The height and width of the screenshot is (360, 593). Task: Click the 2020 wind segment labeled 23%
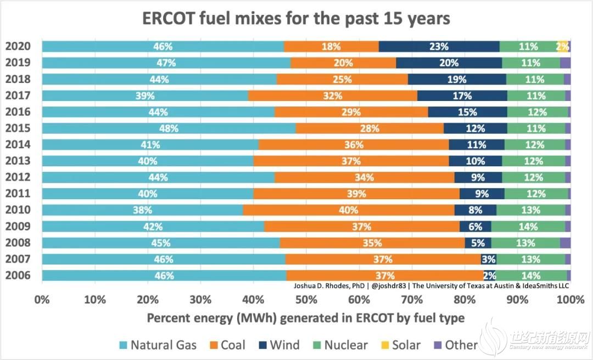pos(439,47)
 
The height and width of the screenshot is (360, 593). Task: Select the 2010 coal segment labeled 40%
pos(349,210)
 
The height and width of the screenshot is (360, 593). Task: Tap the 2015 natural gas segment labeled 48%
pos(169,128)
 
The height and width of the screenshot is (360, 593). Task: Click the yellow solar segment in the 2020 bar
pos(562,47)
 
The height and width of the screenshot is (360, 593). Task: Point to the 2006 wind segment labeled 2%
pos(489,275)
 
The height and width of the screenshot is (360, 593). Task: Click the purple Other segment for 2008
pos(565,243)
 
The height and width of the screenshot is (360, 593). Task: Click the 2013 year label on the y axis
pos(18,161)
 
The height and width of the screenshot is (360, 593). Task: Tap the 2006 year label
pos(18,275)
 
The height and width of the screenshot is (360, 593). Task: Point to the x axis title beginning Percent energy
pos(305,318)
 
